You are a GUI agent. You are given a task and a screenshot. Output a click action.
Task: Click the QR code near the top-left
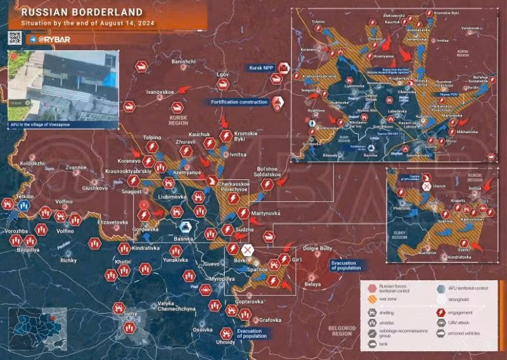[15, 37]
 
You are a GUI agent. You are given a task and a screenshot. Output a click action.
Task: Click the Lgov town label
[222, 74]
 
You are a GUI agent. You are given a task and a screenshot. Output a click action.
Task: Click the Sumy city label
[129, 314]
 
